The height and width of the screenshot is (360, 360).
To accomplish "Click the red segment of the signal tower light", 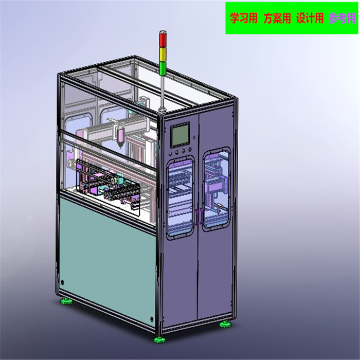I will [163, 38].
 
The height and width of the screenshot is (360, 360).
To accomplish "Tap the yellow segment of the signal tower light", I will [163, 51].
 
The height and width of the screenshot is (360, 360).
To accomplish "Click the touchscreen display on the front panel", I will [181, 135].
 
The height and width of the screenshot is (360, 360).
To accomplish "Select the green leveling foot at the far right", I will [225, 324].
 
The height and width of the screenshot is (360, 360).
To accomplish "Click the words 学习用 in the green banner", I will [243, 19].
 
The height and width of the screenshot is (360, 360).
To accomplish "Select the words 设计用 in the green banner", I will [310, 19].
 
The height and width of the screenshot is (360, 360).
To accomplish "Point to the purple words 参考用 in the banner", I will [343, 19].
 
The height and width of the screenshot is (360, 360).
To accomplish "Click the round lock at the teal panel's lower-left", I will [63, 282].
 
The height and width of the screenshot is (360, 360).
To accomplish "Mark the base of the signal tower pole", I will [162, 109].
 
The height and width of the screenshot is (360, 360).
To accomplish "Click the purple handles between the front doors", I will [198, 215].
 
